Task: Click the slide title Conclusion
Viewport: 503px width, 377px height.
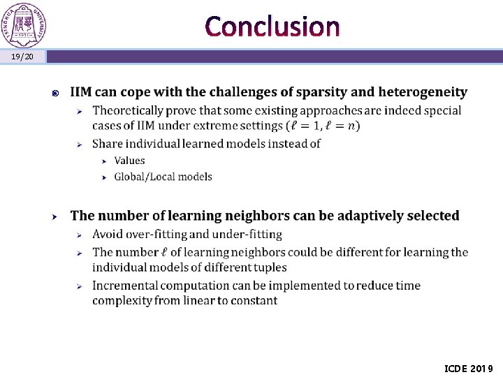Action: (273, 27)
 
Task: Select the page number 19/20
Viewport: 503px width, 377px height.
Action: (22, 57)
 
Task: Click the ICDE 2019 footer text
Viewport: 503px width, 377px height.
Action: (468, 368)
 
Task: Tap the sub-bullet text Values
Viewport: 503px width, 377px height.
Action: (129, 161)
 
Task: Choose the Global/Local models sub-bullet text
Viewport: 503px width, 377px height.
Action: (163, 177)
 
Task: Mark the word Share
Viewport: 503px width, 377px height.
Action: (108, 144)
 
